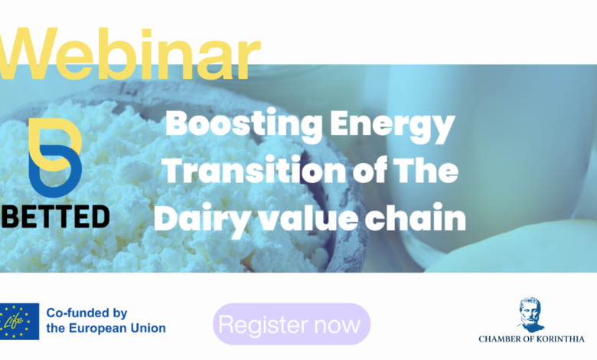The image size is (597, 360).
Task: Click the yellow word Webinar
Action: coord(129,54)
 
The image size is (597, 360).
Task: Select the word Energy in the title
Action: coord(393,126)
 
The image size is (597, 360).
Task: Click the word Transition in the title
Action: coord(254,170)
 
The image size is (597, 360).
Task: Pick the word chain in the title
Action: coord(416,216)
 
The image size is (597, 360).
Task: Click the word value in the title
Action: coord(308,216)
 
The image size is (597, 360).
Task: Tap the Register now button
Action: coord(292,324)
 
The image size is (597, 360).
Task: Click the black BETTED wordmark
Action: coord(55,216)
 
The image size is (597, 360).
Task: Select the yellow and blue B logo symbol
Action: coord(55,158)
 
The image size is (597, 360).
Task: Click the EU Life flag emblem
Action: coord(19,322)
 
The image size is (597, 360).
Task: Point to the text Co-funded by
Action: coord(86,313)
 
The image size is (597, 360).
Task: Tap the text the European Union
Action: coord(106,328)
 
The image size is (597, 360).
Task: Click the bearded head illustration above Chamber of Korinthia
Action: coord(530,315)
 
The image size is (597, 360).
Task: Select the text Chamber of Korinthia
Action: coord(531,339)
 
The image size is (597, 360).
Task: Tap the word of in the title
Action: coord(370,170)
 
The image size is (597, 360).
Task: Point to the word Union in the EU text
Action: coord(148,328)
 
